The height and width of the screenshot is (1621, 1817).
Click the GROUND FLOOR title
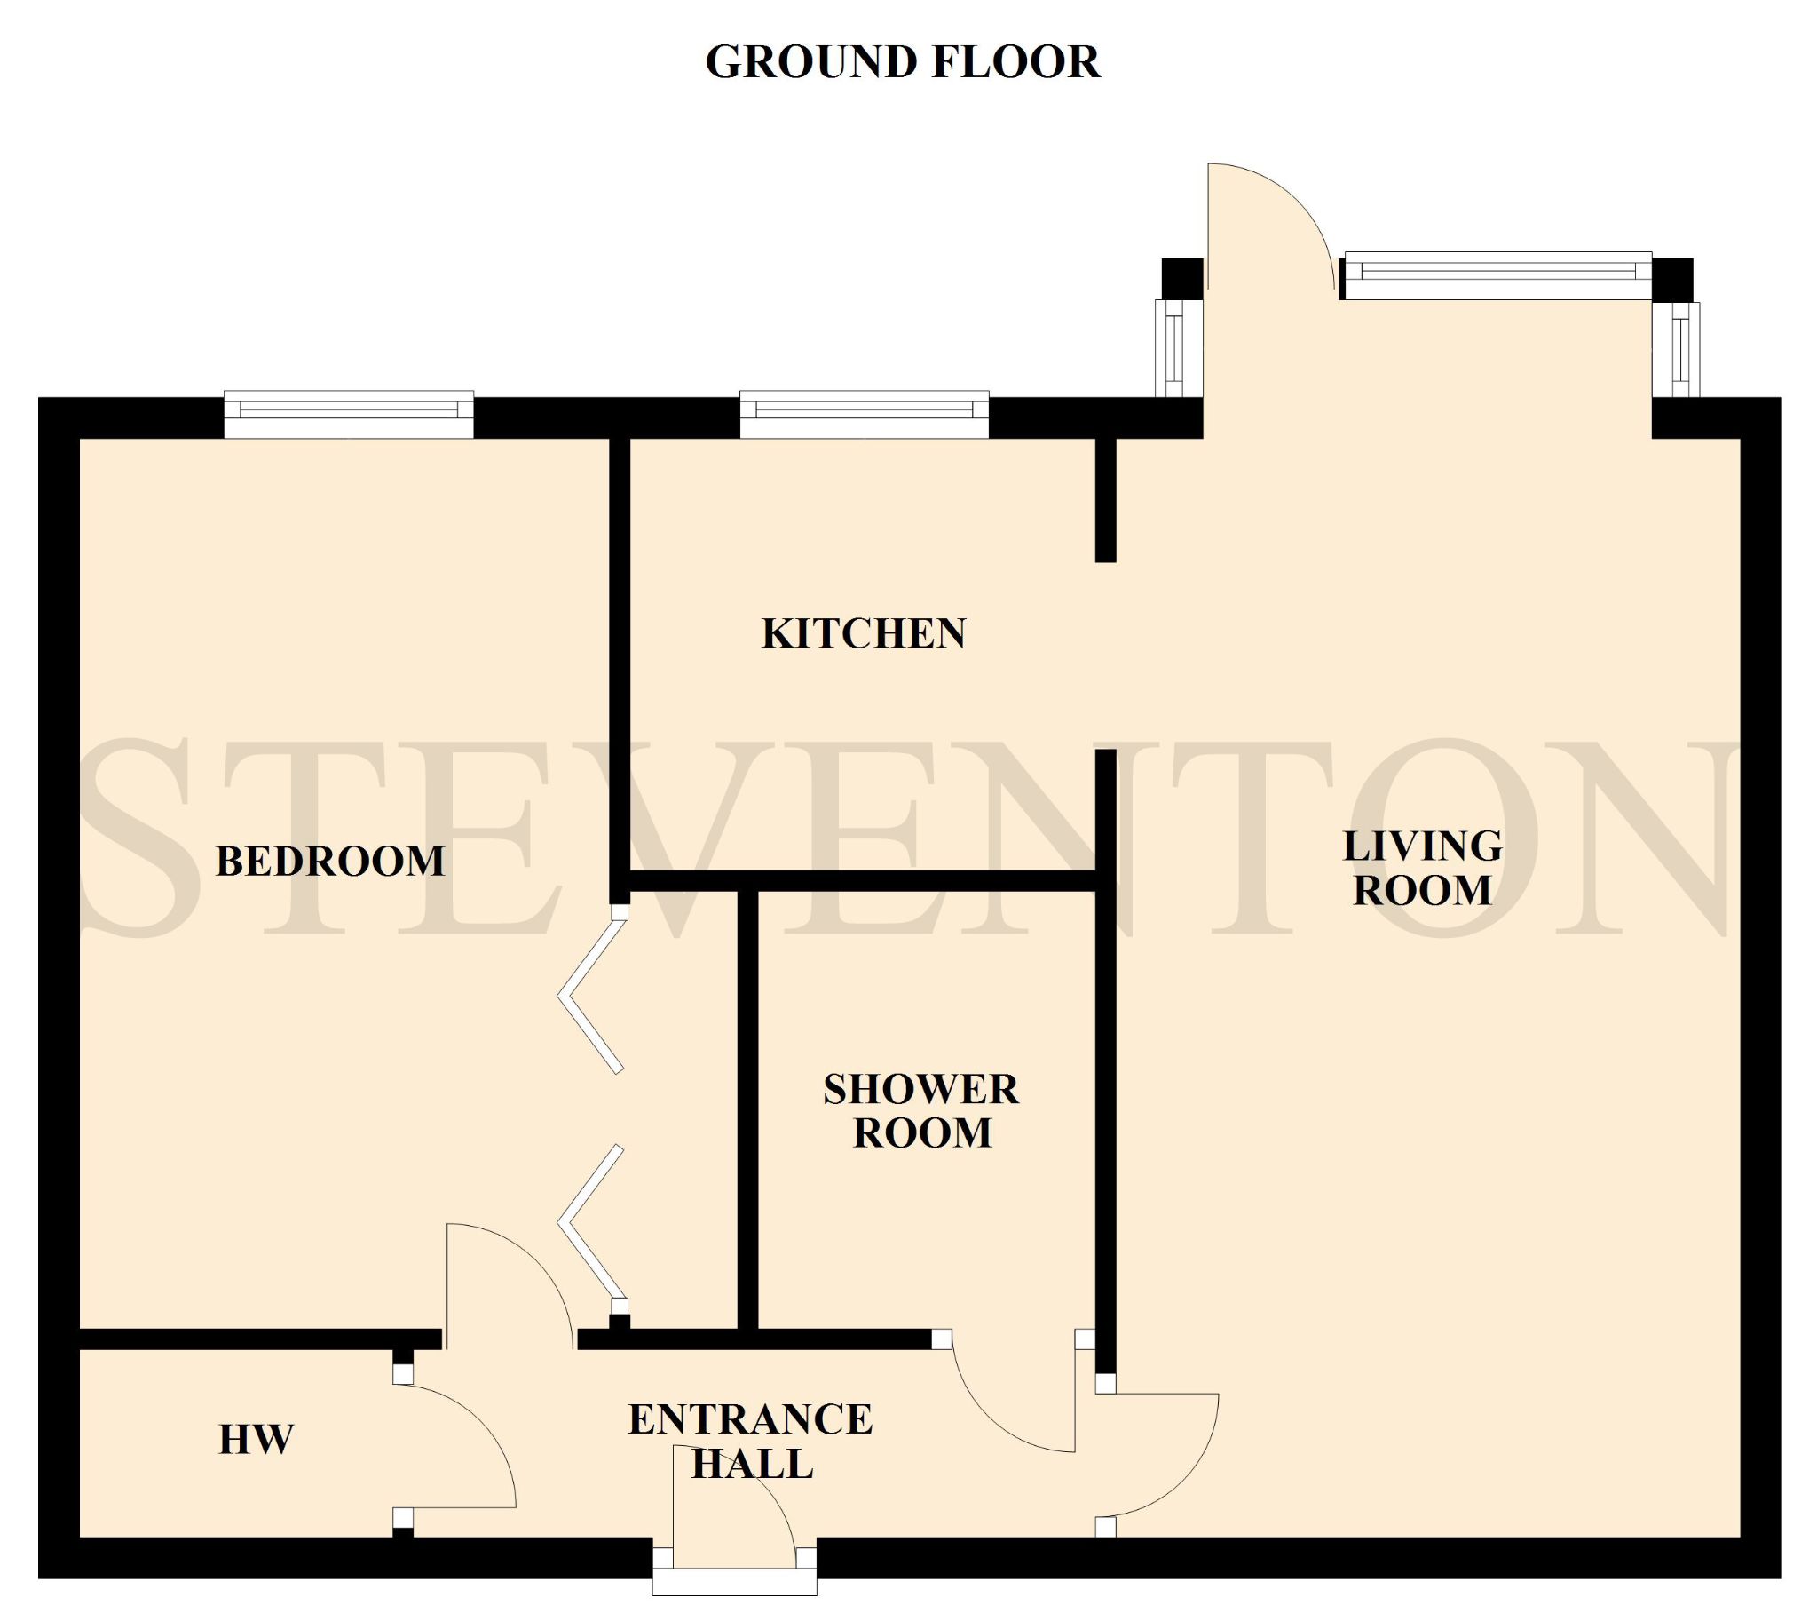(903, 62)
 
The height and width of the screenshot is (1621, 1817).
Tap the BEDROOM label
(330, 862)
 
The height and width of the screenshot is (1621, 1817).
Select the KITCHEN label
(864, 633)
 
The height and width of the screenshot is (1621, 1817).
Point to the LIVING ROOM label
(1422, 868)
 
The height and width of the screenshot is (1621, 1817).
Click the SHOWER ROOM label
(921, 1110)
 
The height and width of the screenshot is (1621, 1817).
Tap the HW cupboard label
(257, 1440)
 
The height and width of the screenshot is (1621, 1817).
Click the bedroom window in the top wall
(348, 415)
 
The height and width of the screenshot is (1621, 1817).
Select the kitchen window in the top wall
(864, 415)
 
